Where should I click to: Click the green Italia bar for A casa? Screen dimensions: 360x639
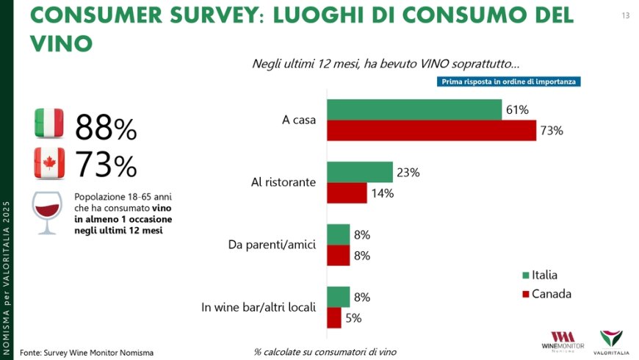[x=414, y=109]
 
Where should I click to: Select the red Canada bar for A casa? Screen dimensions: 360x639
[x=432, y=130]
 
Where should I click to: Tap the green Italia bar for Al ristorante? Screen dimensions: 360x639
[x=360, y=172]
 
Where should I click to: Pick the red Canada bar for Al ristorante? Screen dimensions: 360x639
[x=347, y=193]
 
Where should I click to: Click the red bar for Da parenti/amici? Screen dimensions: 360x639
[x=339, y=256]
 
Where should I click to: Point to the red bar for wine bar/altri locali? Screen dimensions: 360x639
[x=334, y=318]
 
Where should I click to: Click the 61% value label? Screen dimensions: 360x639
[x=517, y=109]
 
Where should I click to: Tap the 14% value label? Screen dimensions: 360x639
[x=382, y=193]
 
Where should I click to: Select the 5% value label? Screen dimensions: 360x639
[x=354, y=318]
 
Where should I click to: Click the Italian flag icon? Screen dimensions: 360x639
[x=50, y=123]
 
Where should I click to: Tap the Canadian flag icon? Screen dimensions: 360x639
[x=50, y=162]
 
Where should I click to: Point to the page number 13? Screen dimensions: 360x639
[x=626, y=15]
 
